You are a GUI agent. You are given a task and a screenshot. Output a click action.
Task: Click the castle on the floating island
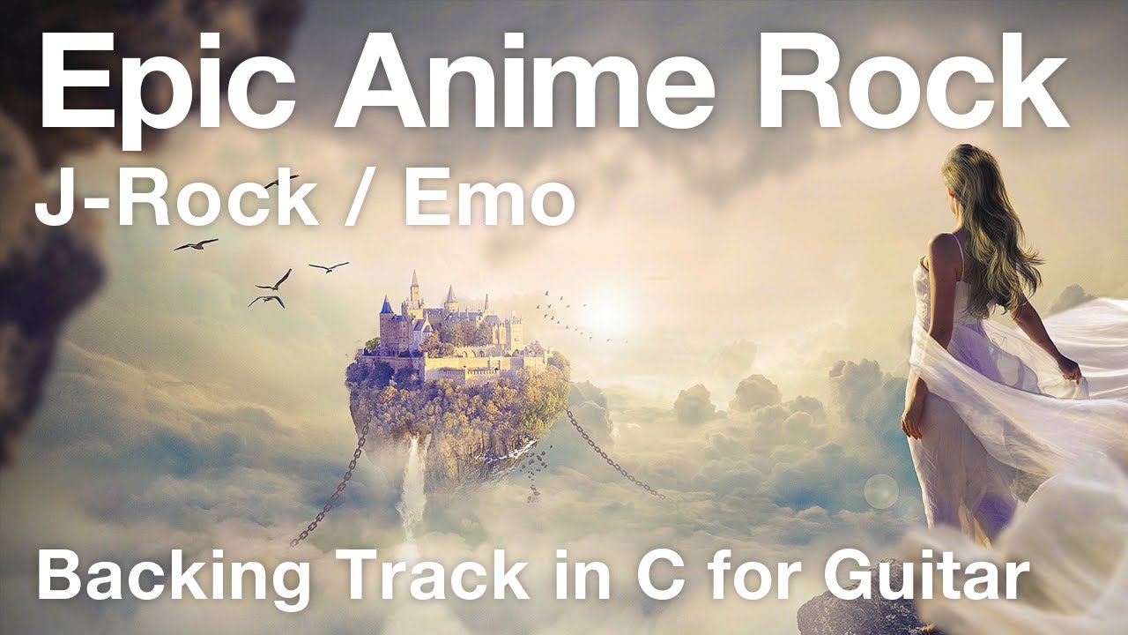tap(449, 326)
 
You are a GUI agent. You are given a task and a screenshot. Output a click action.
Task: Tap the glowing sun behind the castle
tap(608, 309)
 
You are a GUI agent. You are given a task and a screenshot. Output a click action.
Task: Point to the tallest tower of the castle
tap(415, 287)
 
